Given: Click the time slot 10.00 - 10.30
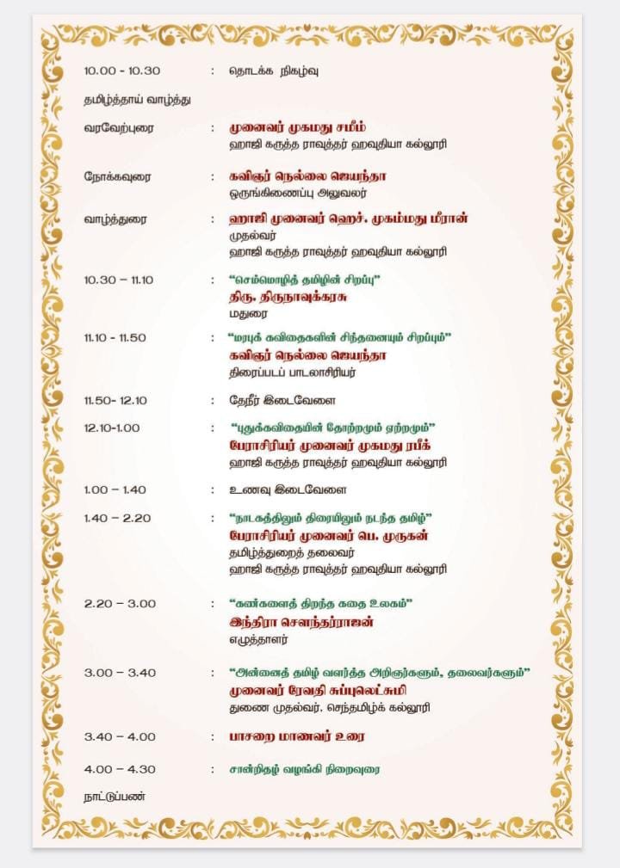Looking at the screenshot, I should [x=121, y=71].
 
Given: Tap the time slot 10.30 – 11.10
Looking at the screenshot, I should [x=118, y=280].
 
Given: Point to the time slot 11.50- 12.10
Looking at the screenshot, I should [x=115, y=400].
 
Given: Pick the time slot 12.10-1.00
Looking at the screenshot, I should [x=112, y=428].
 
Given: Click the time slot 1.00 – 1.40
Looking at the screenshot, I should [x=115, y=489].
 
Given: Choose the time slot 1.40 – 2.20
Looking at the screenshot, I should [x=117, y=518].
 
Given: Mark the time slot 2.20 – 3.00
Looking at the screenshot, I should [x=120, y=604].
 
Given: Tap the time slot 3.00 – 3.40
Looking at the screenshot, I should [x=120, y=673].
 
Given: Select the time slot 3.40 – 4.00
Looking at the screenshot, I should [x=120, y=736].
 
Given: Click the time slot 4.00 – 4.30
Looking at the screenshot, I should [x=120, y=769].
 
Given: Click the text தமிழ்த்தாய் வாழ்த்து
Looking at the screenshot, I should [x=137, y=99].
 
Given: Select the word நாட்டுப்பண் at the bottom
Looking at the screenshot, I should [x=115, y=796].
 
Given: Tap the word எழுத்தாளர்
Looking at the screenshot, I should [x=257, y=639].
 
